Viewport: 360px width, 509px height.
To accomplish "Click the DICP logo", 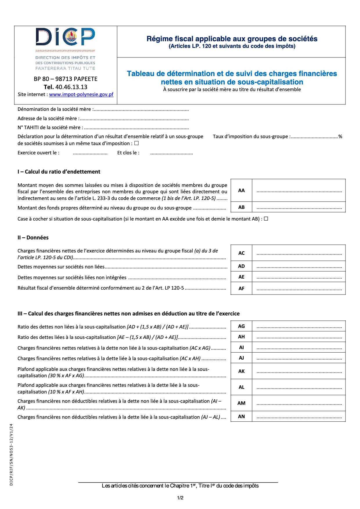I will tap(65, 37).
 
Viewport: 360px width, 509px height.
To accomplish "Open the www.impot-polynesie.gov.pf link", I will tap(81, 94).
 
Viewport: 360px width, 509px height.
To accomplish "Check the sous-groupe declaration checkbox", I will tap(136, 143).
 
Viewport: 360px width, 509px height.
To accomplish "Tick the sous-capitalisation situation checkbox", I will tap(266, 219).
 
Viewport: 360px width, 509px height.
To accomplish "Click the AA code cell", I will tap(241, 190).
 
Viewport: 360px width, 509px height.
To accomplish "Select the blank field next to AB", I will tap(299, 207).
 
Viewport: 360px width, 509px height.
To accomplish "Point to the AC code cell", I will tap(241, 253).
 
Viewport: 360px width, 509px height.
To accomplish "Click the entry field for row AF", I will tap(299, 288).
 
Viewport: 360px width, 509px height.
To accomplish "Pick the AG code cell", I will tap(241, 326).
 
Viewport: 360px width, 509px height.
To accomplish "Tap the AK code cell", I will tap(241, 371).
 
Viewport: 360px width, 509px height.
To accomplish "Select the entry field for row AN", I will tap(299, 416).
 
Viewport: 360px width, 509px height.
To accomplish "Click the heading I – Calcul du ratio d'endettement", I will tap(59, 172).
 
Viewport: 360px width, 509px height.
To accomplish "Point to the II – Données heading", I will tap(33, 237).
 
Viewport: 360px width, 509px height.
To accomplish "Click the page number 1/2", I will tap(180, 498).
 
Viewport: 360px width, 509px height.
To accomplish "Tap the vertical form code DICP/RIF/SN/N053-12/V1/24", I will tap(11, 454).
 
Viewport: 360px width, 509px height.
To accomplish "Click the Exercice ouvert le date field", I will tap(90, 153).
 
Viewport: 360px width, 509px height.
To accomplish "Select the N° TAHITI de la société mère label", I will tap(50, 127).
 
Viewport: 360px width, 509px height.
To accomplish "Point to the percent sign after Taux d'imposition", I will tap(340, 136).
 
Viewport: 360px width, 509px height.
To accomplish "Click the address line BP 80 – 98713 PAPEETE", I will tap(65, 79).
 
